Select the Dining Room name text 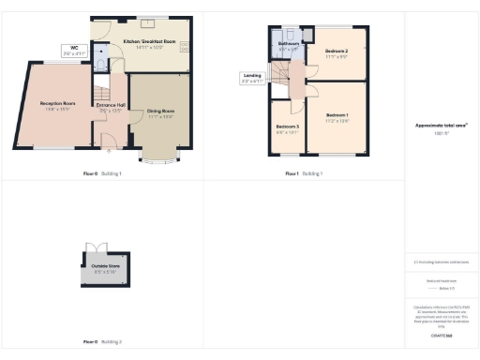(161, 112)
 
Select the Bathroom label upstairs (289, 44)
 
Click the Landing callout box (252, 78)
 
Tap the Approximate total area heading (442, 125)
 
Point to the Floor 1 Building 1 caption (304, 173)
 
